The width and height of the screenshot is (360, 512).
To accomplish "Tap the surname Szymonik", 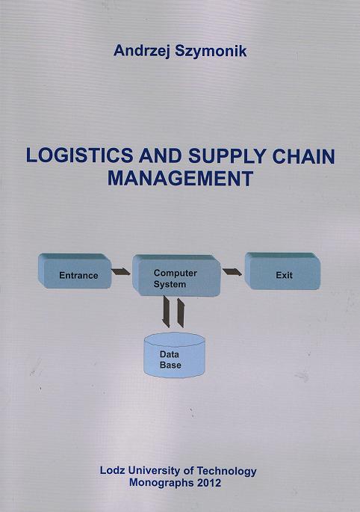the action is pyautogui.click(x=211, y=52).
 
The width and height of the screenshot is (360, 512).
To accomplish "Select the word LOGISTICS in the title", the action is pyautogui.click(x=80, y=155).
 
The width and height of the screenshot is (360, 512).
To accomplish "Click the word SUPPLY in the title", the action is pyautogui.click(x=228, y=156).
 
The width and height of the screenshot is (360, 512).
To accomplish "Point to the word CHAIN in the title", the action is pyautogui.click(x=303, y=156).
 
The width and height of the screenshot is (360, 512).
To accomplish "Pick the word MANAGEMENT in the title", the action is pyautogui.click(x=181, y=179).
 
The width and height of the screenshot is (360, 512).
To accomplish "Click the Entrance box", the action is pyautogui.click(x=75, y=271).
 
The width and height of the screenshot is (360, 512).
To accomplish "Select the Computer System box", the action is pyautogui.click(x=176, y=275).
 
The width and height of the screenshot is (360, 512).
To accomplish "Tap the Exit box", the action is pyautogui.click(x=282, y=271).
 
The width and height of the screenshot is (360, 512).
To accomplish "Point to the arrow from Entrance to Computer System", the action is pyautogui.click(x=121, y=271).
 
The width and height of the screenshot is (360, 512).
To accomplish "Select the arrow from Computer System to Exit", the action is pyautogui.click(x=232, y=271).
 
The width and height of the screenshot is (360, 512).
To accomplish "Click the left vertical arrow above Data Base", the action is pyautogui.click(x=166, y=312).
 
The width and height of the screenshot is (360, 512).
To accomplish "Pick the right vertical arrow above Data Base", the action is pyautogui.click(x=181, y=312).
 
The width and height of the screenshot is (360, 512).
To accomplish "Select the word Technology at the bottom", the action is pyautogui.click(x=227, y=472).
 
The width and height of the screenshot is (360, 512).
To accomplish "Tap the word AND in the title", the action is pyautogui.click(x=161, y=156).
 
